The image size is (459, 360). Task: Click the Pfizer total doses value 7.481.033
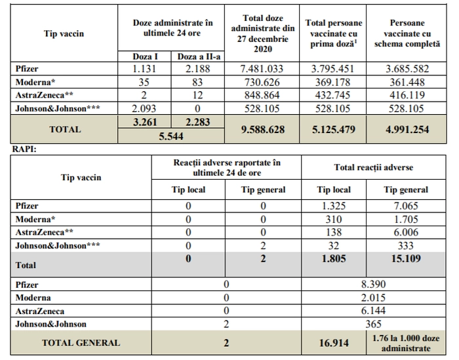262,69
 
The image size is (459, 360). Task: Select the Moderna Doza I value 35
144,82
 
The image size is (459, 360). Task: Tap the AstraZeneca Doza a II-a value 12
197,95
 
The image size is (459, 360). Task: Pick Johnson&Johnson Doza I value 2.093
144,109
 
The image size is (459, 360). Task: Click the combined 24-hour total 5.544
171,136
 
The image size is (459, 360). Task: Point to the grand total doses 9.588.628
262,130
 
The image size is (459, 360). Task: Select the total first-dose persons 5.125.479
333,130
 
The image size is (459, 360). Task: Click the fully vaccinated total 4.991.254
407,130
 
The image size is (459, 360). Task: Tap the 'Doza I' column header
145,56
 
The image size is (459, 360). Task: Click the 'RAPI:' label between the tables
24,150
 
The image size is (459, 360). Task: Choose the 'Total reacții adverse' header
374,167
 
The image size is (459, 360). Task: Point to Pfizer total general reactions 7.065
406,206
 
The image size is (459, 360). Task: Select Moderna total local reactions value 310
333,220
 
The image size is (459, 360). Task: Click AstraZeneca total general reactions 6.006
406,232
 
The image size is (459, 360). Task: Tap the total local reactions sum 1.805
334,259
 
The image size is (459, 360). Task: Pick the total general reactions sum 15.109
406,259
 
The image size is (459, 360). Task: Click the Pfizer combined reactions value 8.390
373,285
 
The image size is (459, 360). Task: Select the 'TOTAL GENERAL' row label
81,343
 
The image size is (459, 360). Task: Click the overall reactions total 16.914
334,343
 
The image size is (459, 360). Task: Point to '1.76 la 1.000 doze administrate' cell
406,344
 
